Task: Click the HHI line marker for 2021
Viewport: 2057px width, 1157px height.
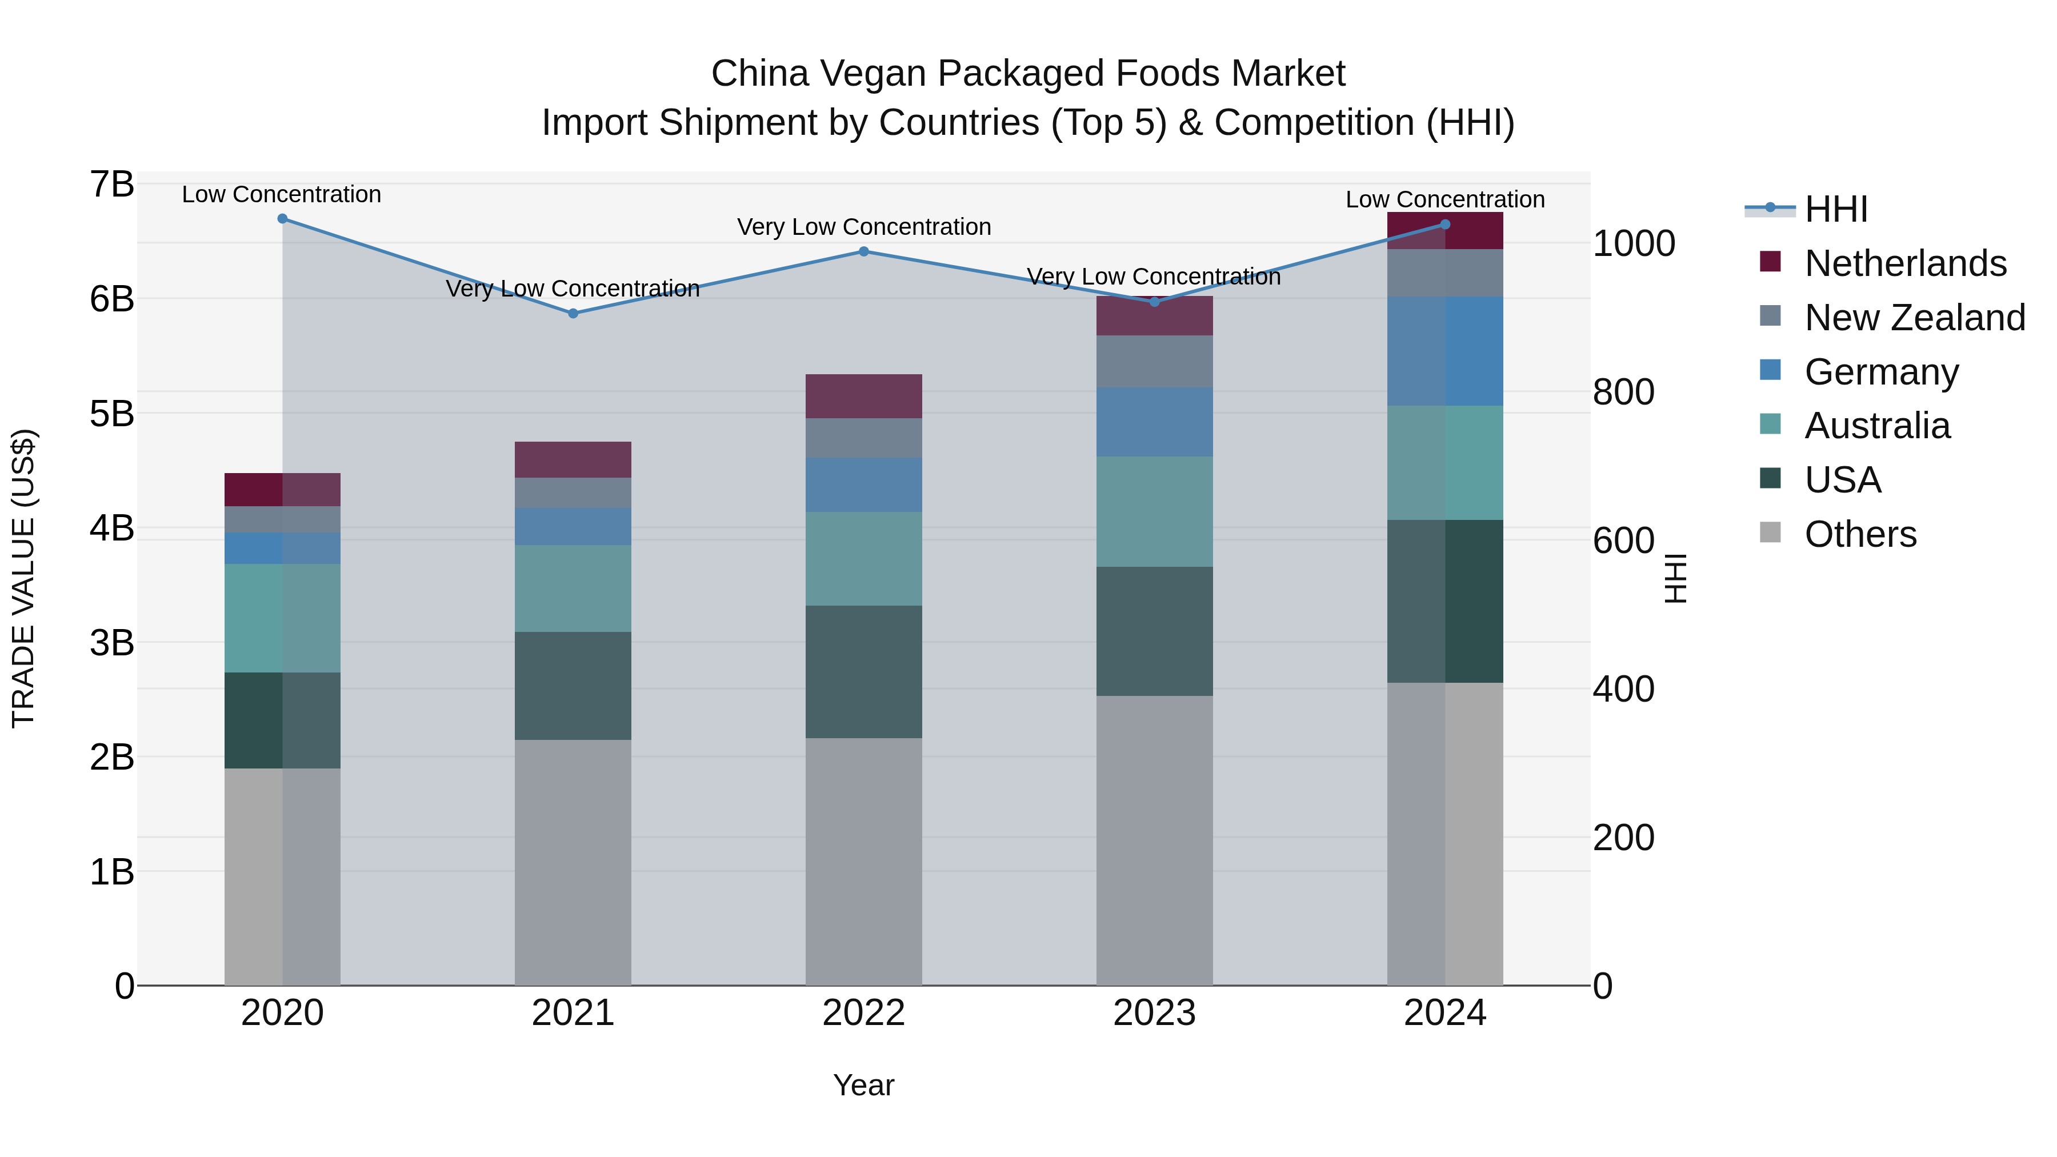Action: click(573, 313)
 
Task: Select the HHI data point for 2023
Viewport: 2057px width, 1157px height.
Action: click(1154, 302)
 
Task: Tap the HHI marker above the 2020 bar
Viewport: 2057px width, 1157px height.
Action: click(282, 218)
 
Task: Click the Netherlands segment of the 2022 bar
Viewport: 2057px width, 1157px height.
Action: click(863, 396)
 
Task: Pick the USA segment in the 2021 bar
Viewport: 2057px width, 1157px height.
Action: click(573, 685)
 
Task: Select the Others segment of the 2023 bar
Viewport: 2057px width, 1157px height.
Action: click(1154, 840)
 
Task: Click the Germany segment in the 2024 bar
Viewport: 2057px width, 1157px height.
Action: click(1444, 351)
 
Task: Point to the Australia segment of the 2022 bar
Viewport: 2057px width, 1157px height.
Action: click(863, 558)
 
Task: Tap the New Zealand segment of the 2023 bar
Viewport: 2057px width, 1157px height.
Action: click(1154, 361)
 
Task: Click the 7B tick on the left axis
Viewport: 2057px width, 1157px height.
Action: click(112, 185)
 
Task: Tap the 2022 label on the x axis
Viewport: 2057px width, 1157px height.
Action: click(863, 1013)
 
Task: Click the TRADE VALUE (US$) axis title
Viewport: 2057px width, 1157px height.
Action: click(23, 578)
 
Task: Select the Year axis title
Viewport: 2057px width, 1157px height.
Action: click(863, 1085)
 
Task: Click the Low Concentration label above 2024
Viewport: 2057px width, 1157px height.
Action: click(1444, 199)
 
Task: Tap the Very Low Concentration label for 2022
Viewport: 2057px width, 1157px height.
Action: click(863, 227)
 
